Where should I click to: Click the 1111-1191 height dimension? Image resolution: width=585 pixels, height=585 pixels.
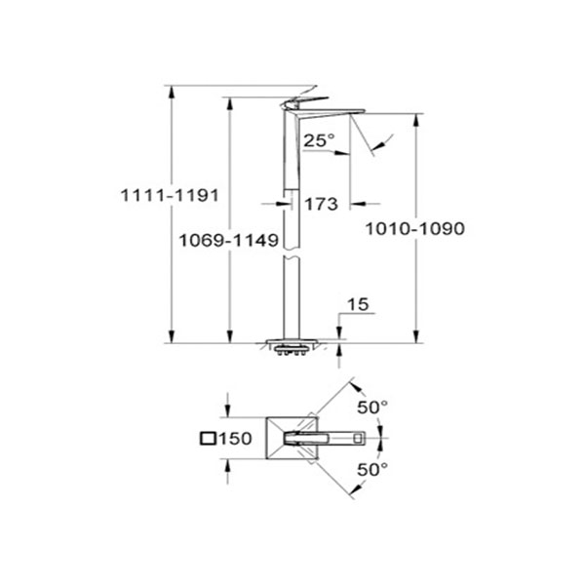pyautogui.click(x=170, y=195)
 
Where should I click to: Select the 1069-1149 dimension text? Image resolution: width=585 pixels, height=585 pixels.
pyautogui.click(x=229, y=240)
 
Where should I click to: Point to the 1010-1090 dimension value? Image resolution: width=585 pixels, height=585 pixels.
pyautogui.click(x=415, y=228)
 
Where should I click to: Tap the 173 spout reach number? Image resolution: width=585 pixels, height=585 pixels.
pyautogui.click(x=321, y=204)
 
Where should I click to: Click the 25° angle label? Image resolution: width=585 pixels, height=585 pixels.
pyautogui.click(x=319, y=140)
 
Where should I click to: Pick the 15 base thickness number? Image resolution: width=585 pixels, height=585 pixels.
pyautogui.click(x=358, y=304)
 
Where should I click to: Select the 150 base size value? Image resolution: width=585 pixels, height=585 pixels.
pyautogui.click(x=235, y=438)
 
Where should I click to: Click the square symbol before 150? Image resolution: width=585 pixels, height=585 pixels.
pyautogui.click(x=208, y=438)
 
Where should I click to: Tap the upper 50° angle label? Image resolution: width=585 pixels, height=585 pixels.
pyautogui.click(x=372, y=407)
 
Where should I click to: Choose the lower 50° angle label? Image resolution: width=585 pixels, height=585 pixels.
pyautogui.click(x=372, y=469)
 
